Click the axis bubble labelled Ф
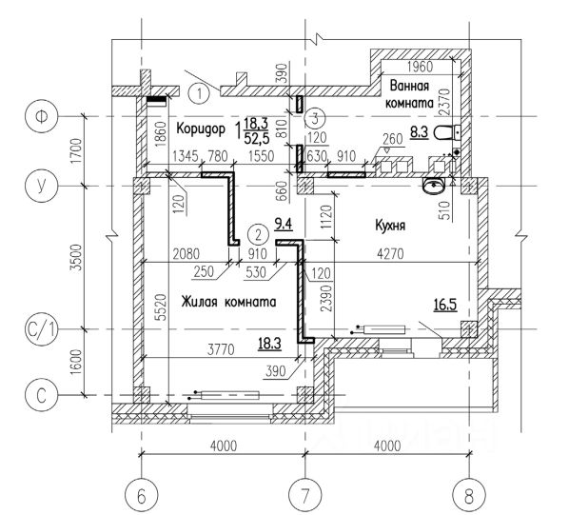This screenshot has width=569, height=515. click(x=41, y=116)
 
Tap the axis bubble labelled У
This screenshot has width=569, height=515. click(x=41, y=186)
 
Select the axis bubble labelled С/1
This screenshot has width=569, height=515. click(x=41, y=330)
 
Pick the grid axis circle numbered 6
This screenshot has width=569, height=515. click(x=141, y=495)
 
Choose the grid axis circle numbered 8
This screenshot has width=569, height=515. click(x=469, y=495)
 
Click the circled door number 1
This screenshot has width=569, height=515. click(x=199, y=93)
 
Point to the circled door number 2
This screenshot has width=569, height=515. click(x=258, y=235)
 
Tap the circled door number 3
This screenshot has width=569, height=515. click(x=315, y=118)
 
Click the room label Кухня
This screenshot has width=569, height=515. click(x=390, y=226)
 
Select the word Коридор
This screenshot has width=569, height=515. click(x=201, y=129)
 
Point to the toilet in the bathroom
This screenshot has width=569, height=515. click(x=447, y=132)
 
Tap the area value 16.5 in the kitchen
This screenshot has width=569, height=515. click(x=445, y=305)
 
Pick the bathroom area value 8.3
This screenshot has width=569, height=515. click(x=419, y=132)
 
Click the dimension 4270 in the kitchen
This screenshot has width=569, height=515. click(x=390, y=253)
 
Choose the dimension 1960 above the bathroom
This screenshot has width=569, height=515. click(x=421, y=67)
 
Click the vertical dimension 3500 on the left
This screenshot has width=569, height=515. click(x=76, y=257)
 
